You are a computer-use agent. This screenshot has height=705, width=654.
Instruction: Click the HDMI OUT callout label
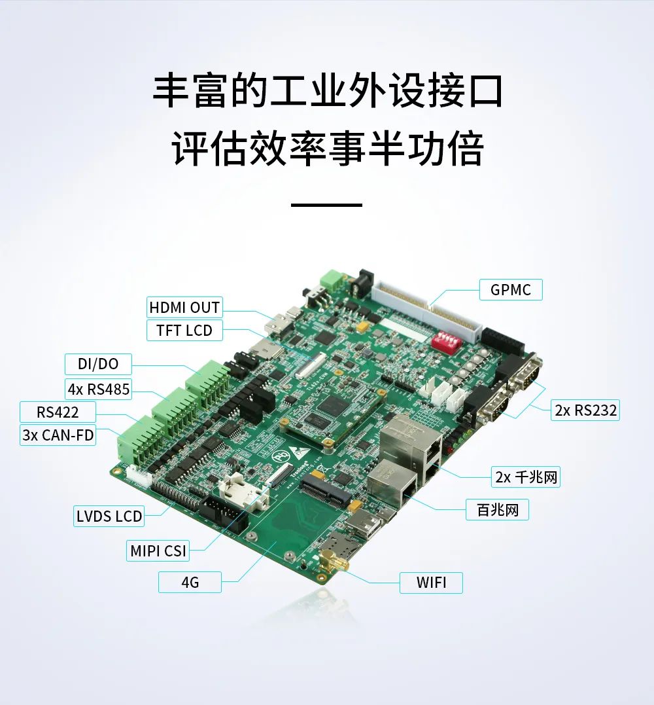click(184, 308)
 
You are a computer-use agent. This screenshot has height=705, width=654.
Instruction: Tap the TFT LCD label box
click(184, 331)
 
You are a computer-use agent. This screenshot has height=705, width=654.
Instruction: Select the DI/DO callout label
click(98, 364)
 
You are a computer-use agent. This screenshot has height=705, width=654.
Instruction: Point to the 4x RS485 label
click(98, 389)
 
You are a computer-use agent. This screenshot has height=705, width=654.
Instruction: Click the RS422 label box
click(58, 412)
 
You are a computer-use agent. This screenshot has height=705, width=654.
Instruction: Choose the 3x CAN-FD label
click(58, 435)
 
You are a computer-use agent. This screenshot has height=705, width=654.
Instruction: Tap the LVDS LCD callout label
click(109, 516)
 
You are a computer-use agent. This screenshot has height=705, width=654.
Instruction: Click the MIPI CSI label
click(158, 551)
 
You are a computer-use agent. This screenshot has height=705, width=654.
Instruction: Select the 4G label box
click(190, 582)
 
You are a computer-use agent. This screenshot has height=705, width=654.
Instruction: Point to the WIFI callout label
click(431, 583)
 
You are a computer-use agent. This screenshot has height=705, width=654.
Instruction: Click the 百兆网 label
click(497, 510)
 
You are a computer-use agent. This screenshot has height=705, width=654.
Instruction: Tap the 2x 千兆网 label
click(526, 477)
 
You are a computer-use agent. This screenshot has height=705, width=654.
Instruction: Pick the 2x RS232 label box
click(585, 410)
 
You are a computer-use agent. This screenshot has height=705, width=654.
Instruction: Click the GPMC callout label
click(511, 290)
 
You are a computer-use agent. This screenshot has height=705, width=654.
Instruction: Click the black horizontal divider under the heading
click(326, 205)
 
